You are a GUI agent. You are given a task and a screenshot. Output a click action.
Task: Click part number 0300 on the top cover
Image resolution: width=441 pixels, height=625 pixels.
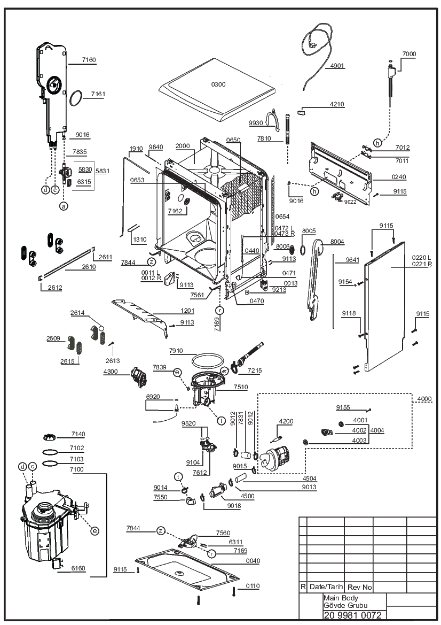218,84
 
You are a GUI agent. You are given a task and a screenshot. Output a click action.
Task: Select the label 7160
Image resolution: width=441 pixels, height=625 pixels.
89,60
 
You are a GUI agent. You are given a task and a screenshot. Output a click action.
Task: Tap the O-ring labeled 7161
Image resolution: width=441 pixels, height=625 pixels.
76,98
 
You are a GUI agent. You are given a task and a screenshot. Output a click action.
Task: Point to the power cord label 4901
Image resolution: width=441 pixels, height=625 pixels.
337,66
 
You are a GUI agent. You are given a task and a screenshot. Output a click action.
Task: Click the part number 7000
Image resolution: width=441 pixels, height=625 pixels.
409,54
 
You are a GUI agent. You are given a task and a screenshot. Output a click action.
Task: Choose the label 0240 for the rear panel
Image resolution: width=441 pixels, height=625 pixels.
399,177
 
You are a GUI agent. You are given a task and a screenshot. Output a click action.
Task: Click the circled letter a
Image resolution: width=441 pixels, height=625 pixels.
64,206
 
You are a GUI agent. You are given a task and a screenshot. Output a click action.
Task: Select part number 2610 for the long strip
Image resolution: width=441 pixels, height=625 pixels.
89,267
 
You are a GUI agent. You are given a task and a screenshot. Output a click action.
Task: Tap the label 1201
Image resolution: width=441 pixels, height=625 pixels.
187,311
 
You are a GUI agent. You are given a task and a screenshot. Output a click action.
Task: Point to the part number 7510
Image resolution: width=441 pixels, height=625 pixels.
240,387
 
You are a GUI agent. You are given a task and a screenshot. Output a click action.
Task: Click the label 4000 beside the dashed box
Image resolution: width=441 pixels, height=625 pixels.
424,399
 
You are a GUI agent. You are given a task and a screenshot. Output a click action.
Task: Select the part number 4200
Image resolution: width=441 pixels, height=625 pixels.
286,421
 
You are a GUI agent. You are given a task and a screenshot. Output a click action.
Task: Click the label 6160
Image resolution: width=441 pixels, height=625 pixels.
78,568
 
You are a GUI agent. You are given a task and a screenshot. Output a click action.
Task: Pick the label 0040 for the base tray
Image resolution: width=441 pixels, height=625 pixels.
253,561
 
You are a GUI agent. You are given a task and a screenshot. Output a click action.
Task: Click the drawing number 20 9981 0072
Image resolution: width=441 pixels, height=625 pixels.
353,615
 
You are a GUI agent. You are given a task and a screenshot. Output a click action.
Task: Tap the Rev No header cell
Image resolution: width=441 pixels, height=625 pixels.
360,587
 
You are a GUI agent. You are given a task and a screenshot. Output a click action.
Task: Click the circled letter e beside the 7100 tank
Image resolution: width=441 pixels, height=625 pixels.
94,530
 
